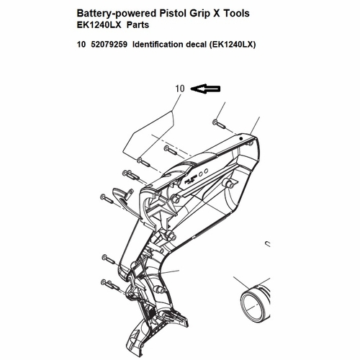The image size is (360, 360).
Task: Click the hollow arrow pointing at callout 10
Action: [x=205, y=89]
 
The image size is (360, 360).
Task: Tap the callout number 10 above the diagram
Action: [x=180, y=89]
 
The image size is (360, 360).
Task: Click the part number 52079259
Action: [x=109, y=45]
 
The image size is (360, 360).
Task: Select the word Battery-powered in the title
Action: [x=117, y=14]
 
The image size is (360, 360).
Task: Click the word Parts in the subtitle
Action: [x=138, y=24]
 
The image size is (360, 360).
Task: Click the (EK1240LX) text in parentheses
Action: [x=233, y=45]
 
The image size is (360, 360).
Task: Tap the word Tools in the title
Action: [x=237, y=13]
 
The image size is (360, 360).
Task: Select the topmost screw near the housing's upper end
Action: [x=219, y=124]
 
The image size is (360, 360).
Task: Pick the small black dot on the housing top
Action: [x=242, y=138]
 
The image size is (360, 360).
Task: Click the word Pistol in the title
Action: [x=173, y=13]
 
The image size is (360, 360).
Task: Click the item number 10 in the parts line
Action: [x=81, y=45]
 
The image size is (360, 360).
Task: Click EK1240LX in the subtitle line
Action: [x=99, y=24]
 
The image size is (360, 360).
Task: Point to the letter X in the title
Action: [x=217, y=14]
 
